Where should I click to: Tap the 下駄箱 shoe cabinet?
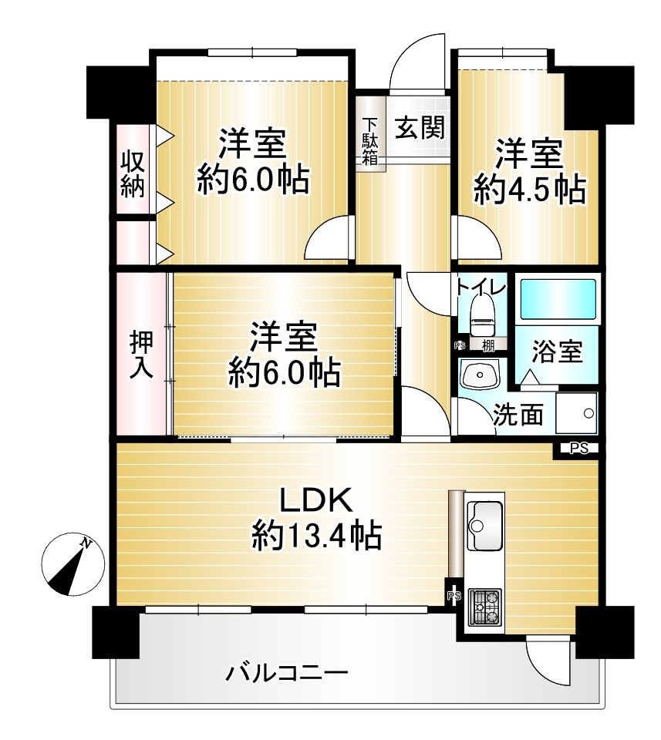coord(371,134)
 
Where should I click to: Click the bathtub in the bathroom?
coord(558,300)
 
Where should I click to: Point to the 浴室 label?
coord(557,351)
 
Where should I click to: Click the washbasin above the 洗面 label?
coord(481,374)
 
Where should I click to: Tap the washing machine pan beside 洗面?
coord(576,413)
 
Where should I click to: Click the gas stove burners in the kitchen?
coord(484,607)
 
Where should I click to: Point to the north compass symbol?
coord(73,565)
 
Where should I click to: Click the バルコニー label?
coord(286,672)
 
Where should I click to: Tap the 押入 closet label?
coord(141,354)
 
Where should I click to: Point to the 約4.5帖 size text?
coord(529,190)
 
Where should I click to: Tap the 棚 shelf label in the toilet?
coord(488,345)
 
